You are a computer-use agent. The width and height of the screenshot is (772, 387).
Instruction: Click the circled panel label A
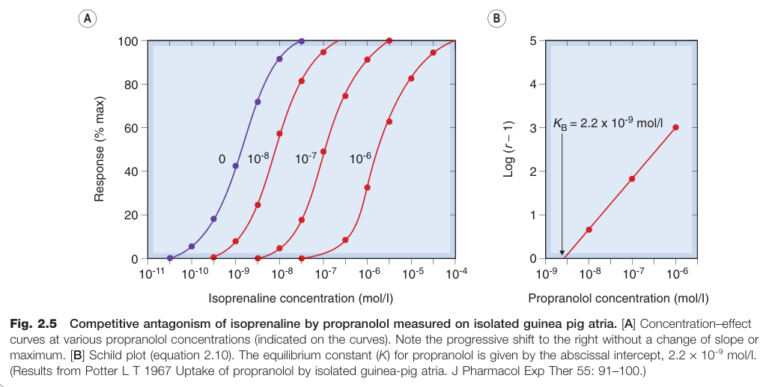(x=88, y=19)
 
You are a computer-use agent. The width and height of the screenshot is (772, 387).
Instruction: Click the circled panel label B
(x=496, y=19)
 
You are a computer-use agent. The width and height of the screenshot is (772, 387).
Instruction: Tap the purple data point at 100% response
(x=302, y=41)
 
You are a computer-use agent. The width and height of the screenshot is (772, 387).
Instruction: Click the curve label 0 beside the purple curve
(x=222, y=159)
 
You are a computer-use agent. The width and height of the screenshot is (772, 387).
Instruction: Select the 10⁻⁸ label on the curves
(x=258, y=158)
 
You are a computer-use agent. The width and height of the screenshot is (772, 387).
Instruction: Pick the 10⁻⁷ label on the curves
(x=306, y=158)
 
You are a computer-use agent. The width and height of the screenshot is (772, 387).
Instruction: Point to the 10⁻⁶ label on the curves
(x=360, y=158)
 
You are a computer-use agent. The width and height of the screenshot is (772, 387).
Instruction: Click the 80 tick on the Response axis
(x=132, y=84)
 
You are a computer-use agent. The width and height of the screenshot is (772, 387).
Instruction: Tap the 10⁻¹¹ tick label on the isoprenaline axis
(x=152, y=273)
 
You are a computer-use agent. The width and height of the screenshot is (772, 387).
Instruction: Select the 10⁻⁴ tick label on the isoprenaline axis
(x=456, y=273)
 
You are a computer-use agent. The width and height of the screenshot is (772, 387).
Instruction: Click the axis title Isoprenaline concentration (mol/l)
(x=301, y=299)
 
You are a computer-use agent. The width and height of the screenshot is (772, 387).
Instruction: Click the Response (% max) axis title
(x=100, y=149)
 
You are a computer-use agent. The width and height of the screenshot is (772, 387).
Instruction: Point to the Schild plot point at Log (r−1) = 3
(x=675, y=127)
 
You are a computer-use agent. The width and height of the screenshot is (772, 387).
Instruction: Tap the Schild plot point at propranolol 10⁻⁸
(x=589, y=230)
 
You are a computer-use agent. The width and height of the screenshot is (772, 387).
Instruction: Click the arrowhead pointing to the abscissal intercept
(x=562, y=253)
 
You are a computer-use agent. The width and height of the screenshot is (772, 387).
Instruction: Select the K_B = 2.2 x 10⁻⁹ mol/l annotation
(x=608, y=123)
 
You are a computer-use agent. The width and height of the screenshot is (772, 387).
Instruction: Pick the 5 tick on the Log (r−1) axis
(x=533, y=41)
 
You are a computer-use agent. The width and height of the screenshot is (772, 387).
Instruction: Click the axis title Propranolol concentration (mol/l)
(x=618, y=299)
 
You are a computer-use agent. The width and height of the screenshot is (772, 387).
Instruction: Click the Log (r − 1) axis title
(x=508, y=149)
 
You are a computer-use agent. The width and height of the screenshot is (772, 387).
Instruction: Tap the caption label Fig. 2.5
(x=34, y=324)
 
